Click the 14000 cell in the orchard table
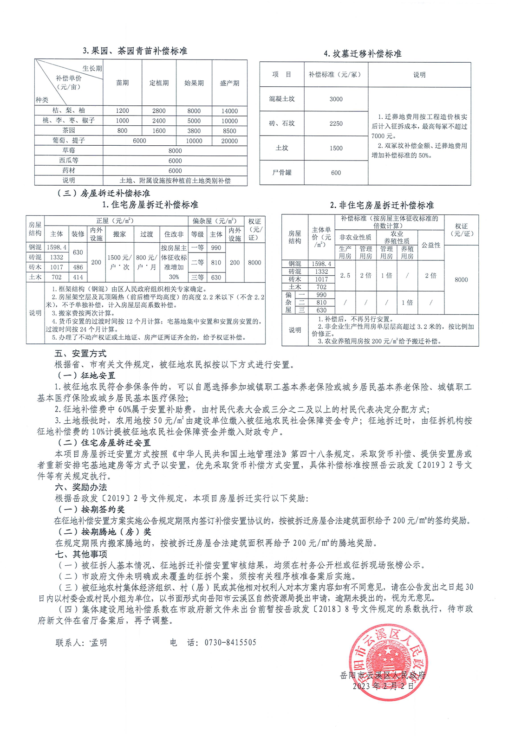pyautogui.click(x=229, y=111)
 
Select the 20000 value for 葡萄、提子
pyautogui.click(x=229, y=141)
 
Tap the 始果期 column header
pyautogui.click(x=194, y=83)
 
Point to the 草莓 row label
pyautogui.click(x=69, y=150)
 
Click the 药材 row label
pyautogui.click(x=69, y=170)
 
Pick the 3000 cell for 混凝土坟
pyautogui.click(x=336, y=99)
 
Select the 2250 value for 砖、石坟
pyautogui.click(x=336, y=123)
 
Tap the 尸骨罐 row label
pyautogui.click(x=282, y=173)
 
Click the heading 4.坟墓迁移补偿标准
pyautogui.click(x=363, y=54)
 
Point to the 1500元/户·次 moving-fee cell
pyautogui.click(x=119, y=262)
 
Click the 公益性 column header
pyautogui.click(x=431, y=245)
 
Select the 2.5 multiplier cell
pyautogui.click(x=345, y=275)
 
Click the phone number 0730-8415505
pyautogui.click(x=230, y=642)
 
